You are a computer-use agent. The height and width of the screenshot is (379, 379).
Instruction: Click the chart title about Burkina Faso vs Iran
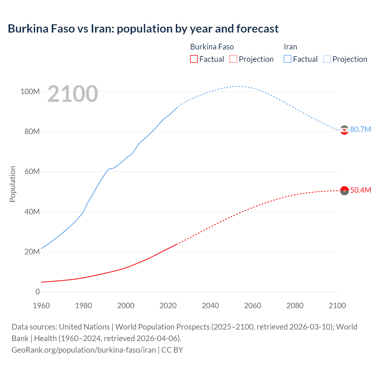pyautogui.click(x=143, y=29)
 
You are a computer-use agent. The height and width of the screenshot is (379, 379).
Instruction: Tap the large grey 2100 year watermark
pyautogui.click(x=73, y=94)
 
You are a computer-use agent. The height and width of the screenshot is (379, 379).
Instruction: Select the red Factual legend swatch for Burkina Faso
pyautogui.click(x=194, y=59)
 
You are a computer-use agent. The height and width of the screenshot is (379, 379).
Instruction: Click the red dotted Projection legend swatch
pyautogui.click(x=233, y=59)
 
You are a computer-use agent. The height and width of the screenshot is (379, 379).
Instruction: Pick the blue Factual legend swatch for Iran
pyautogui.click(x=287, y=59)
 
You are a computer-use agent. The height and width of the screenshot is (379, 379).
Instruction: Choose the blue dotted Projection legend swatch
pyautogui.click(x=327, y=59)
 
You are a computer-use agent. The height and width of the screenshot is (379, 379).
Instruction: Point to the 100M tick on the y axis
pyautogui.click(x=30, y=91)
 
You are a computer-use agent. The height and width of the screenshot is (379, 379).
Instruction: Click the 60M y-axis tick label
pyautogui.click(x=32, y=172)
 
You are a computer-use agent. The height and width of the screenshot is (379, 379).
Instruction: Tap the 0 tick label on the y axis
pyautogui.click(x=38, y=292)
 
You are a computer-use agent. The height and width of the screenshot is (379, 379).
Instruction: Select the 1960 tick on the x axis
pyautogui.click(x=41, y=306)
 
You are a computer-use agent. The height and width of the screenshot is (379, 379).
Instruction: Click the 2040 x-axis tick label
pyautogui.click(x=210, y=306)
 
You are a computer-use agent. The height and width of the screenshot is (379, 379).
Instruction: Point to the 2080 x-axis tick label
pyautogui.click(x=295, y=306)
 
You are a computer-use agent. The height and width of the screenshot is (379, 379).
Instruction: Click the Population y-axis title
pyautogui.click(x=12, y=184)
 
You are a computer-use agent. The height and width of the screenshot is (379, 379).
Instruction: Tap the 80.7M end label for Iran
pyautogui.click(x=360, y=130)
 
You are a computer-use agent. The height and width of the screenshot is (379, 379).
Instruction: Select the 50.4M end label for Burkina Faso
pyautogui.click(x=360, y=190)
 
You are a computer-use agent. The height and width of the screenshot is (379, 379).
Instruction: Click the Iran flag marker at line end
pyautogui.click(x=344, y=130)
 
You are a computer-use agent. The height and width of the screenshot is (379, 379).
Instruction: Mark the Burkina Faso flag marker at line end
pyautogui.click(x=344, y=191)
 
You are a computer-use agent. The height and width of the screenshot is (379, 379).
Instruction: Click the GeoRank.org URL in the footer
pyautogui.click(x=84, y=350)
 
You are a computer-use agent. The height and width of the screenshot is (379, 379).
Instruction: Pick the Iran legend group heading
pyautogui.click(x=290, y=47)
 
